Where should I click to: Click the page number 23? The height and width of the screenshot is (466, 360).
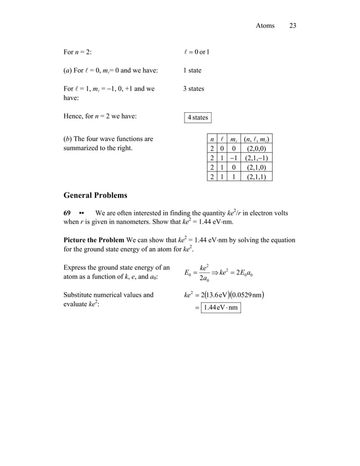(292, 25)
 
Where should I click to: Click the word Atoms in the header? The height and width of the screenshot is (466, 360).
(265, 25)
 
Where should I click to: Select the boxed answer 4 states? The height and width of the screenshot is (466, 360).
(197, 117)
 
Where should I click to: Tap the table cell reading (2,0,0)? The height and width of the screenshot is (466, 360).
(256, 148)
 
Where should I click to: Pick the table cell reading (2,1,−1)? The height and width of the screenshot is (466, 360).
(256, 158)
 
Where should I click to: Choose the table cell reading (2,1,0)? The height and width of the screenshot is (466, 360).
(256, 168)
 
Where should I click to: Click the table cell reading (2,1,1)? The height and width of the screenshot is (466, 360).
(256, 177)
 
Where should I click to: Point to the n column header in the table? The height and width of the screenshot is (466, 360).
(211, 139)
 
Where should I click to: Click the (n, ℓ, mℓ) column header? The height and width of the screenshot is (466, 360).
(256, 139)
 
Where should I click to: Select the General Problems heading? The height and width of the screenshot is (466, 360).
(95, 195)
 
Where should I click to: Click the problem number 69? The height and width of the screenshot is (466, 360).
(67, 213)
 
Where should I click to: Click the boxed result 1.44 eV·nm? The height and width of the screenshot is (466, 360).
(222, 307)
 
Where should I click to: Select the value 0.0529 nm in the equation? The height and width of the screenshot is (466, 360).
(248, 294)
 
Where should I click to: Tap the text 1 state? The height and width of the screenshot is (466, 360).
(192, 71)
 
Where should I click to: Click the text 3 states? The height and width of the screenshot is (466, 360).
(194, 89)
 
